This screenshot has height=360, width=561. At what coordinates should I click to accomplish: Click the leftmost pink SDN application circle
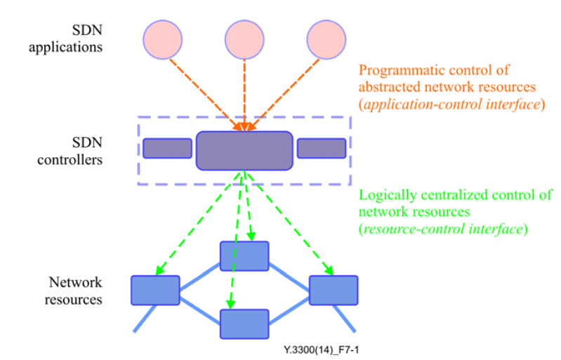click(x=162, y=39)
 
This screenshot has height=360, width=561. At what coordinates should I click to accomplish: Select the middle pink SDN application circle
click(x=244, y=39)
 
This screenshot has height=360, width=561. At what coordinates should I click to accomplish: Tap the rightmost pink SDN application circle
click(x=326, y=39)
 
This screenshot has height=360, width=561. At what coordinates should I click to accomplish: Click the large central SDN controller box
click(x=244, y=150)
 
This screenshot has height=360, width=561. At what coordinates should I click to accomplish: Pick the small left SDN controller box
click(x=167, y=148)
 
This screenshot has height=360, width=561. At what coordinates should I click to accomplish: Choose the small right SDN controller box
click(x=322, y=148)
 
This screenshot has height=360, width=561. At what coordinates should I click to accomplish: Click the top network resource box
click(x=244, y=256)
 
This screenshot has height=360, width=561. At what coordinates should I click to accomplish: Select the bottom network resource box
click(x=244, y=324)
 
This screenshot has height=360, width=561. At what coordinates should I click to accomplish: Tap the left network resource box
click(x=155, y=291)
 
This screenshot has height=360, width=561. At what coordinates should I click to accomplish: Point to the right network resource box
click(x=334, y=291)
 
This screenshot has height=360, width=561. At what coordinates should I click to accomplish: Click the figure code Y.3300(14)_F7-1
click(x=321, y=350)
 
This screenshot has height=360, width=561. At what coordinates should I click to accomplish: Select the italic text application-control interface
click(x=452, y=105)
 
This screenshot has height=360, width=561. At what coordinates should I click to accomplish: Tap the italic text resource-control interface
click(x=443, y=229)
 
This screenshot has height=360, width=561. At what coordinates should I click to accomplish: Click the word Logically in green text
click(x=388, y=195)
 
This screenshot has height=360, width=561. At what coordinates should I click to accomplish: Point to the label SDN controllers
click(x=70, y=151)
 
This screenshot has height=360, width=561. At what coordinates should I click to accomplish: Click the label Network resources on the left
click(x=73, y=291)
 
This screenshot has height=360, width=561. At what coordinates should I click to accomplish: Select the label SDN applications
click(x=66, y=39)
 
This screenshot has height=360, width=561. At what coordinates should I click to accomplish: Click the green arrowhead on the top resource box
click(x=251, y=236)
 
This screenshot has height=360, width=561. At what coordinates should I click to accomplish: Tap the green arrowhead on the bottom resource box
click(x=231, y=305)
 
